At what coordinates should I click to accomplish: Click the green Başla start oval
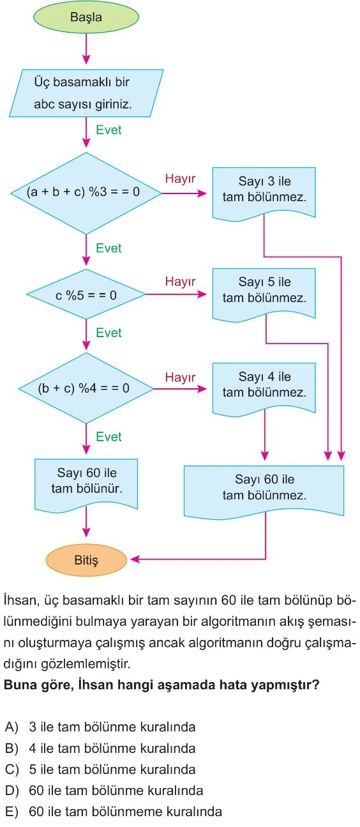86,17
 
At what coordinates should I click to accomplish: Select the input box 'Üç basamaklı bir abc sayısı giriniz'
86,93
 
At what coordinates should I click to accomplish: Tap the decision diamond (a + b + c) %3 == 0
86,193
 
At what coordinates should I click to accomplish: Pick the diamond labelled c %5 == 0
86,294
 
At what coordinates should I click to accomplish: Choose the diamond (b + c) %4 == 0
86,388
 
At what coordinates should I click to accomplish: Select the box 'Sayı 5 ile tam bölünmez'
264,294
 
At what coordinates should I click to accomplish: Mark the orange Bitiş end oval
86,559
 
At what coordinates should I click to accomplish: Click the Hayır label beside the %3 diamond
180,179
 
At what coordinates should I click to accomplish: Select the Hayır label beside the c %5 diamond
180,282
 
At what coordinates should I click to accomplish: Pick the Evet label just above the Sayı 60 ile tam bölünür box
109,437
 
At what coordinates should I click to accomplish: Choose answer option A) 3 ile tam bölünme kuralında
100,727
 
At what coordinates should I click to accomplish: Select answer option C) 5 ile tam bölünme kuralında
100,770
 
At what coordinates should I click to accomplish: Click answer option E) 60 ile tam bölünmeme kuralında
114,812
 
